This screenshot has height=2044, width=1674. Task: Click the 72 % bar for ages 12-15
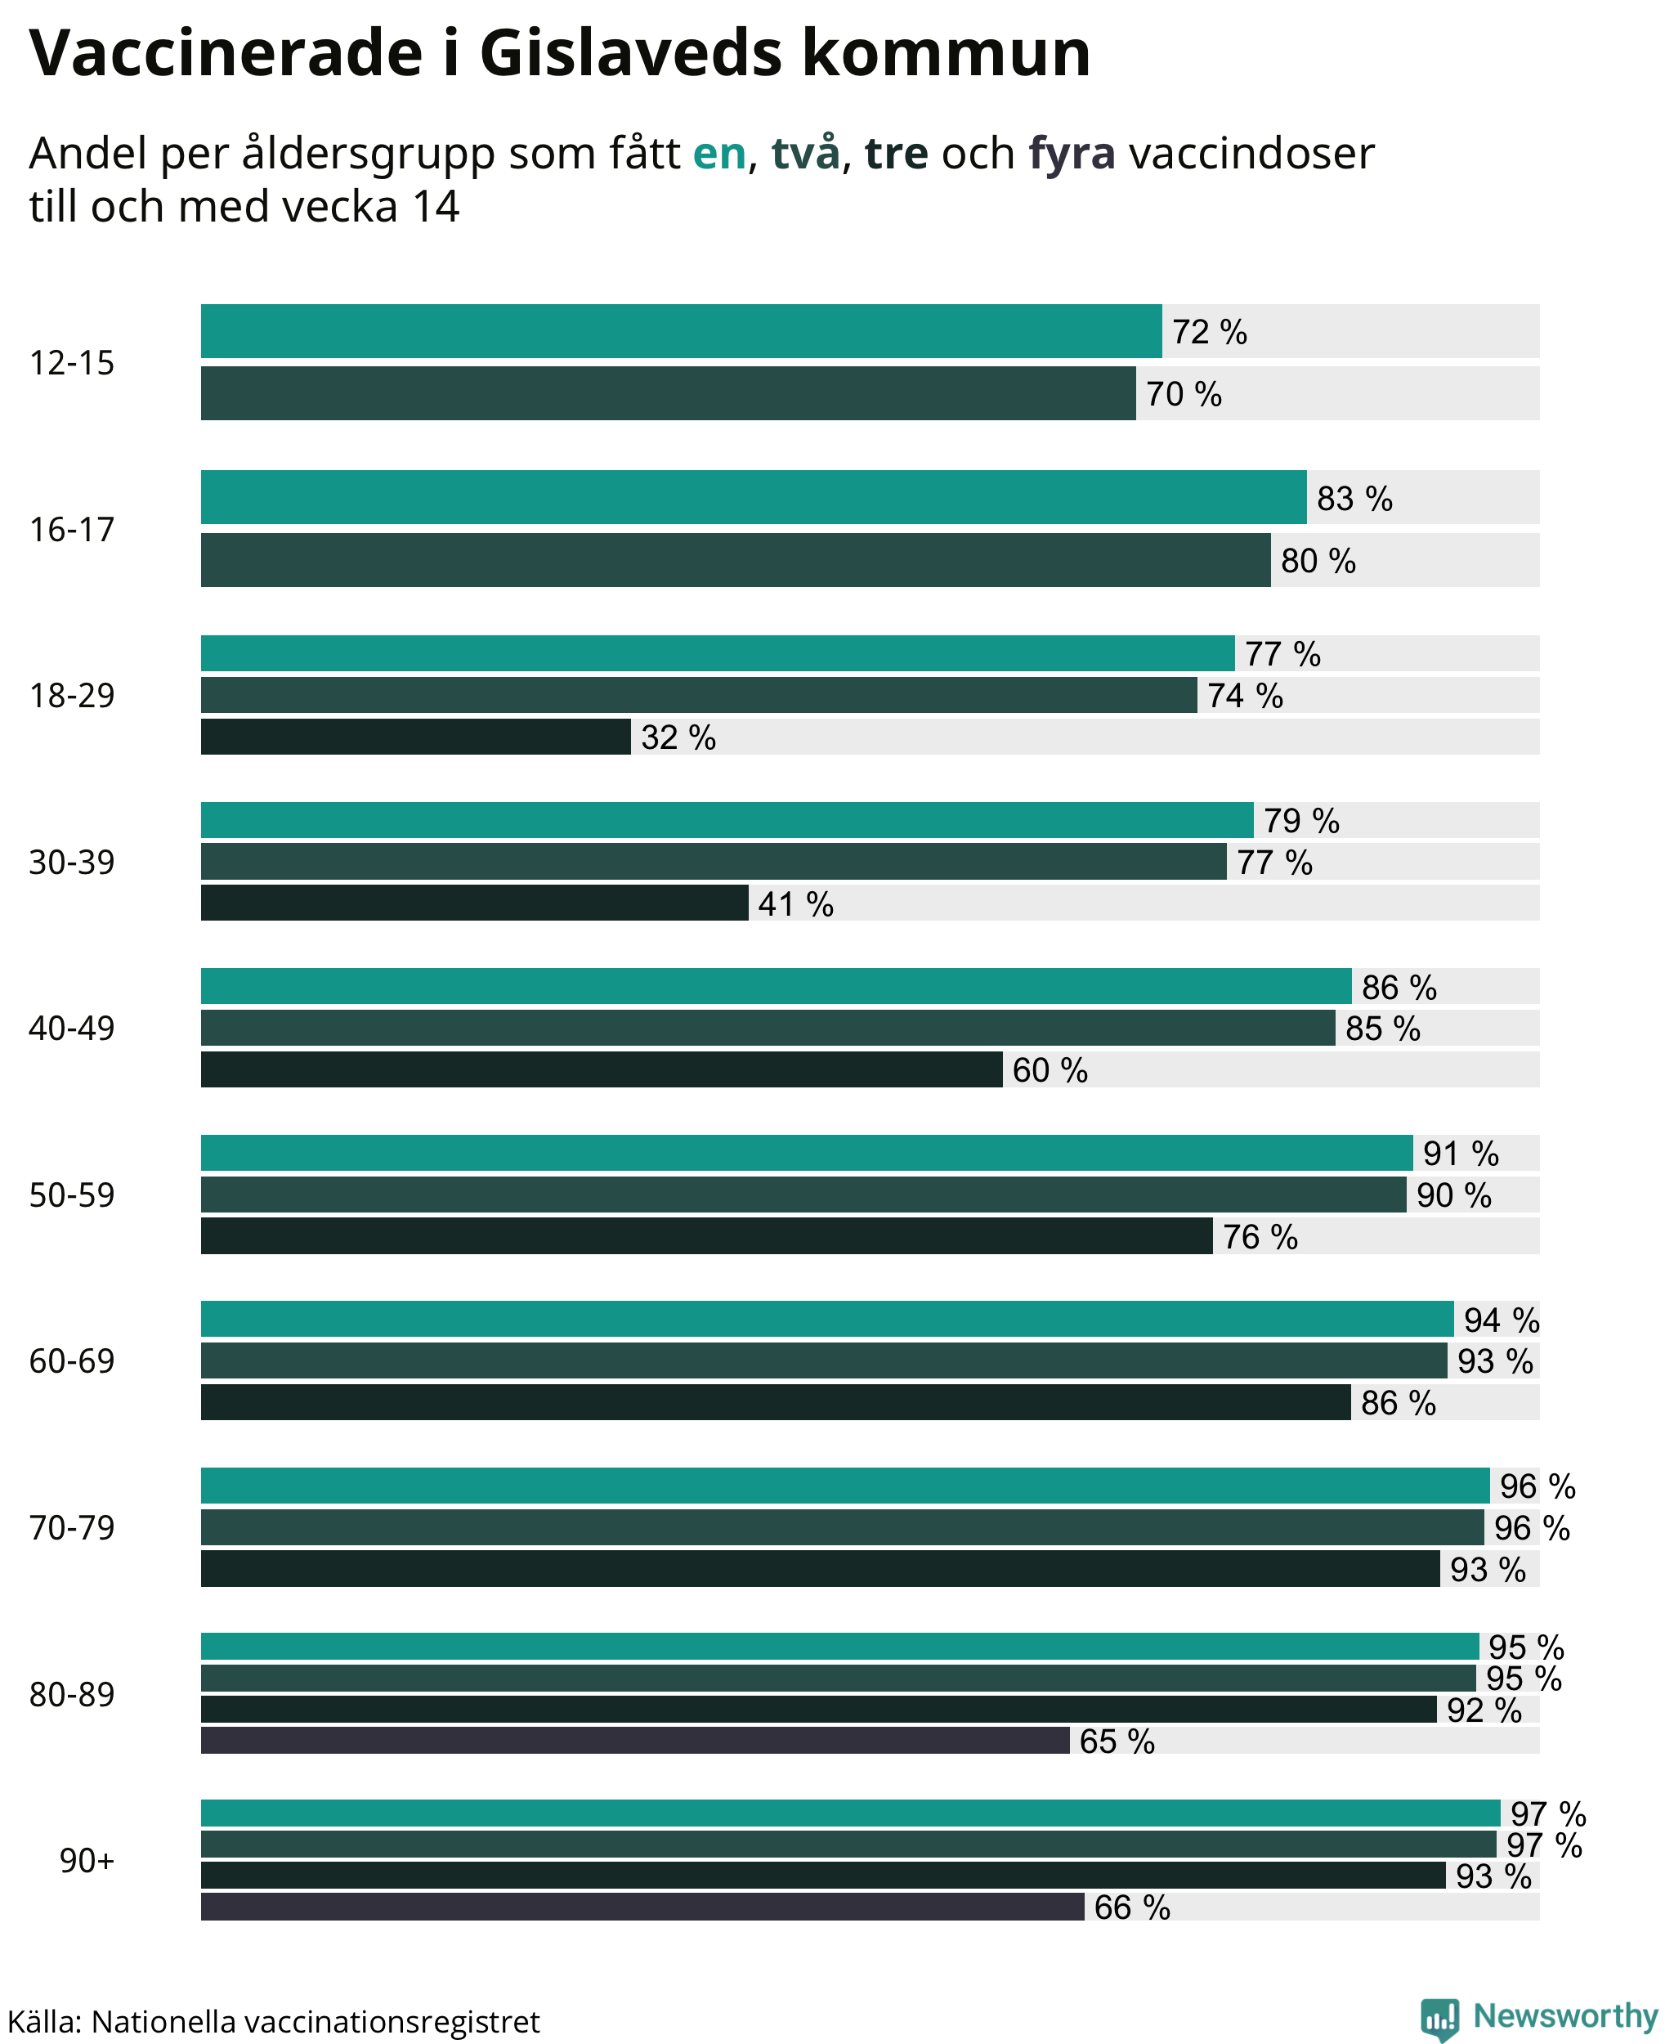(681, 331)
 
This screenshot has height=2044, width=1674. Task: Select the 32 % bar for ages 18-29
(415, 736)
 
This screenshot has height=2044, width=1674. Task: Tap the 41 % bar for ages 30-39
(474, 903)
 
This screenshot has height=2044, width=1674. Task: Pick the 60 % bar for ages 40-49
(602, 1069)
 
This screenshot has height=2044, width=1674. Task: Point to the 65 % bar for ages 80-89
(635, 1740)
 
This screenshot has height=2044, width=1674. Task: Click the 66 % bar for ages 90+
(642, 1906)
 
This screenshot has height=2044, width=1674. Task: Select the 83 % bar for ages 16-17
(754, 497)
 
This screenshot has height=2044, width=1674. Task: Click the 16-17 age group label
(71, 530)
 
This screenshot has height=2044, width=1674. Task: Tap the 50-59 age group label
(71, 1195)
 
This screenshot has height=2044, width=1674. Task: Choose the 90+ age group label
(87, 1860)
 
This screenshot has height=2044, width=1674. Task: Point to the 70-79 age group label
(71, 1528)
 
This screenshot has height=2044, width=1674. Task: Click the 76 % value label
(1260, 1237)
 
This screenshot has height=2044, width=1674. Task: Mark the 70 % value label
(1184, 393)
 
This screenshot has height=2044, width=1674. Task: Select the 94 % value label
(1502, 1320)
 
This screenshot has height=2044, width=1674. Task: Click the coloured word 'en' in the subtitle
(719, 155)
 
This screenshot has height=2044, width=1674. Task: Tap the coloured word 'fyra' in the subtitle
(1072, 155)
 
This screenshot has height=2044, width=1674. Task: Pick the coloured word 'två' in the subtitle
(805, 152)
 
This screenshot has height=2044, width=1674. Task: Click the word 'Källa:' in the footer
(44, 2021)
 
